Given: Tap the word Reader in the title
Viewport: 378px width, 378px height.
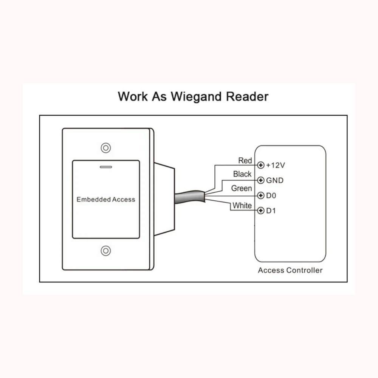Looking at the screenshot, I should coord(247,96).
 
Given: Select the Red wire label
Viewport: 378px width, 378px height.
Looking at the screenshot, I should coord(245,161).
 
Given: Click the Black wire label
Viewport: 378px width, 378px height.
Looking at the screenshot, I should coord(242,174).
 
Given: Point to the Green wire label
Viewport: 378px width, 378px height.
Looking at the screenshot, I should coord(241,188).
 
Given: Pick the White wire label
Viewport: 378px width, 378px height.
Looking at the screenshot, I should coord(242,206).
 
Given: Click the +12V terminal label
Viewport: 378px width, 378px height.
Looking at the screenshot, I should coord(276,165).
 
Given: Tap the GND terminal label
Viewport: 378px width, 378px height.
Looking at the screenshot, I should coord(275,180).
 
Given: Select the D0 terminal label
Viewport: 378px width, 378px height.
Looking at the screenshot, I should coord(271,195).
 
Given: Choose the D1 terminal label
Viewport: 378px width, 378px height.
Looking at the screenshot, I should coord(271,211).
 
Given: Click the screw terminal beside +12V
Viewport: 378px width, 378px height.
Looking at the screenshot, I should coord(260,165).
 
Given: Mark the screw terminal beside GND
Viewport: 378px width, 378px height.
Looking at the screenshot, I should coord(260,180).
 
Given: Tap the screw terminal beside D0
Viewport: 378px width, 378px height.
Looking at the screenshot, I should coord(260,195).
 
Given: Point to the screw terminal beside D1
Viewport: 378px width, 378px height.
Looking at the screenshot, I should coord(260,211).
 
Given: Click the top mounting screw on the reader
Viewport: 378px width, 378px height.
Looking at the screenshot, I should coord(106,147).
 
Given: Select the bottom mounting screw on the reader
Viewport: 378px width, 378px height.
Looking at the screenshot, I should coord(106,251).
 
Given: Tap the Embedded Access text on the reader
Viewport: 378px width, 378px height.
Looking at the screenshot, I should coord(106,199).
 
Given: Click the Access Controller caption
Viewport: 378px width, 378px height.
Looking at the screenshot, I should coord(290,270).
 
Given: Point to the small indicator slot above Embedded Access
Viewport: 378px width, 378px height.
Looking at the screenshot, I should coord(106,166).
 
